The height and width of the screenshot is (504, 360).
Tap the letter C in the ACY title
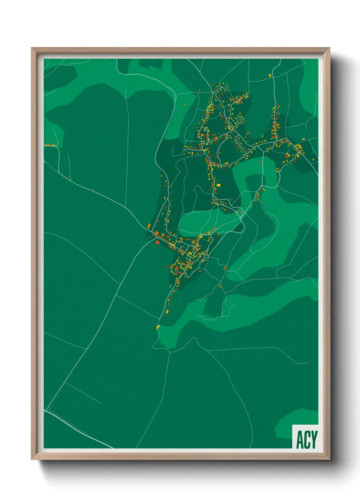click(307, 440)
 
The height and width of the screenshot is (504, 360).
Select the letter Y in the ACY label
click(314, 440)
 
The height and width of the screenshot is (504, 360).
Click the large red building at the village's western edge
click(157, 242)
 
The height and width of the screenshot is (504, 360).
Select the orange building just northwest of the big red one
click(149, 226)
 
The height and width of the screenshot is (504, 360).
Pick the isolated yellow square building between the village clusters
click(218, 185)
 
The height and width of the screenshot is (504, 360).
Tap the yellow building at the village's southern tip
click(158, 327)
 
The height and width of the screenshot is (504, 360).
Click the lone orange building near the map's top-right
click(271, 75)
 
